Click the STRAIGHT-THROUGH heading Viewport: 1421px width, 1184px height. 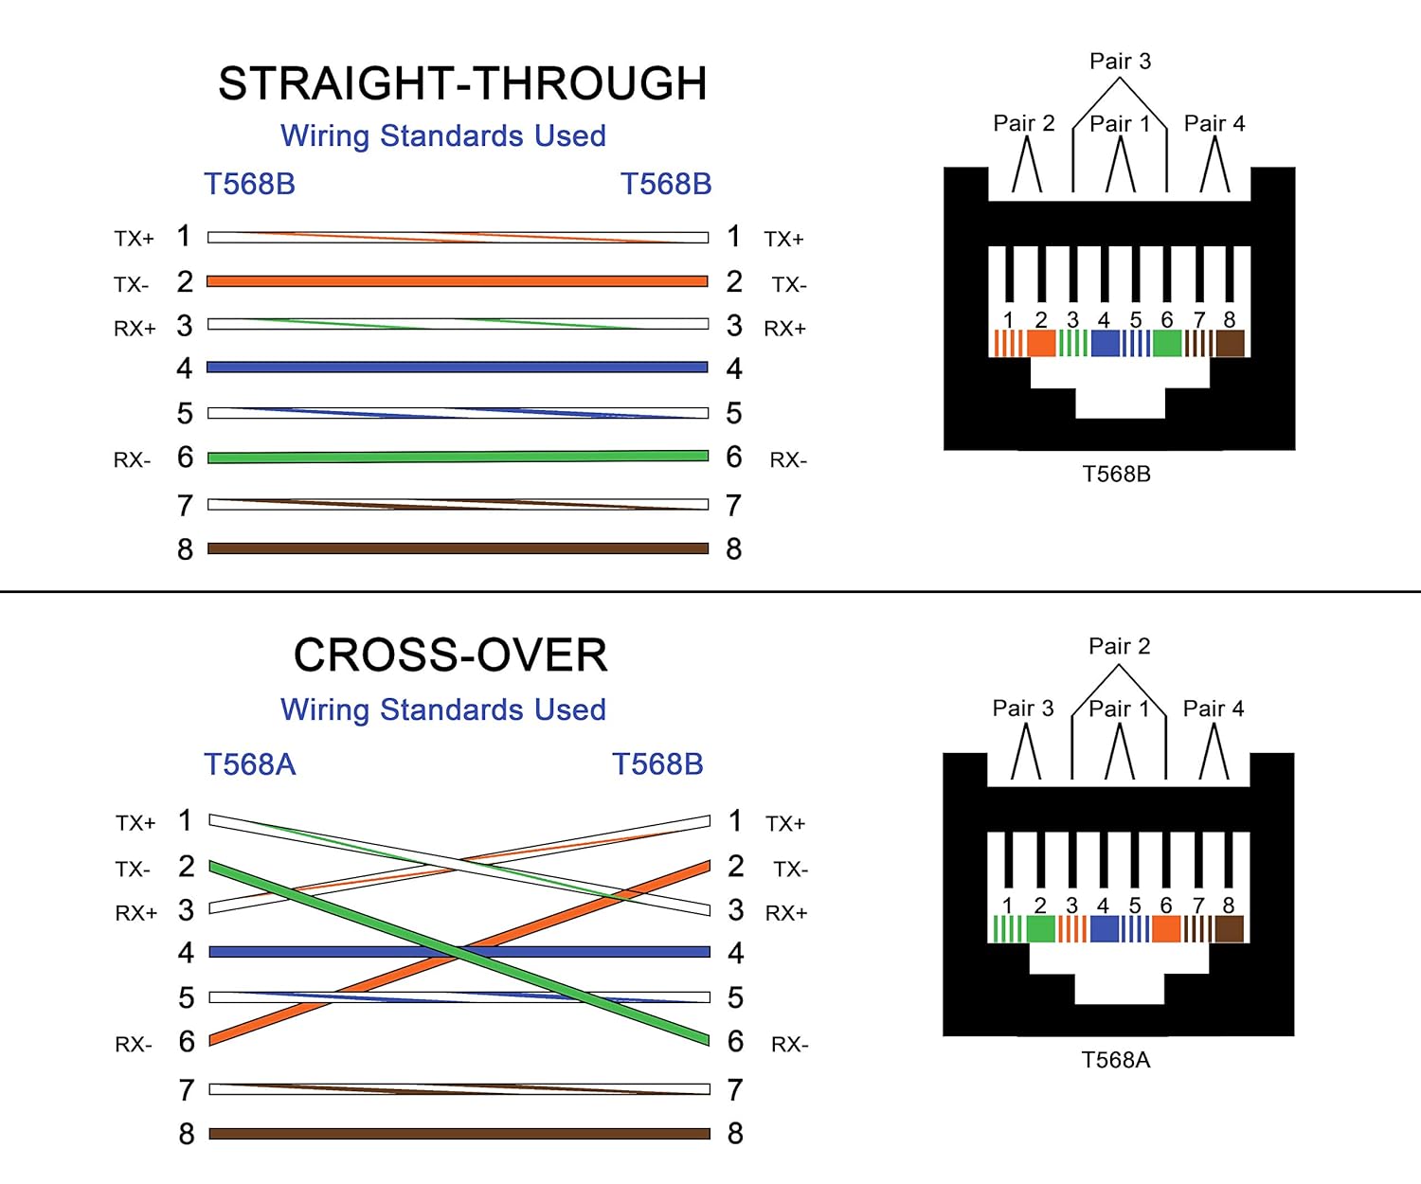462,83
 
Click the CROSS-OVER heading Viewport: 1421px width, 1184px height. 450,655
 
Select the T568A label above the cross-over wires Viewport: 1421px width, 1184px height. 250,764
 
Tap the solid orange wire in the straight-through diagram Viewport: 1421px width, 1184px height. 458,281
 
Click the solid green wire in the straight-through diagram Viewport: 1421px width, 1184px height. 458,457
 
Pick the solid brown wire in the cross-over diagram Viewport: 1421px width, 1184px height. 459,1134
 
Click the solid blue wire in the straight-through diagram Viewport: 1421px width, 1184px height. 458,368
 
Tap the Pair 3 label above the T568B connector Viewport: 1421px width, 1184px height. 1120,62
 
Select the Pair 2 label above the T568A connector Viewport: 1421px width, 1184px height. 1119,647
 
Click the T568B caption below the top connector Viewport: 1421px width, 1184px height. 1116,474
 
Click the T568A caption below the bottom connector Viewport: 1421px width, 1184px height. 1116,1060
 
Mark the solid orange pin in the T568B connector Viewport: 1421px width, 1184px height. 1041,343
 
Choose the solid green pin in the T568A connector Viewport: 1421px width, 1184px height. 1040,929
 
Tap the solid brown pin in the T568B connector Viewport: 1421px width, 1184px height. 1230,343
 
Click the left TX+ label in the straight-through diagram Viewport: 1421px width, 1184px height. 134,239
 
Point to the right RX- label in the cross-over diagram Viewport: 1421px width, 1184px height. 789,1045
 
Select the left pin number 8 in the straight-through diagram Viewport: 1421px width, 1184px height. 185,550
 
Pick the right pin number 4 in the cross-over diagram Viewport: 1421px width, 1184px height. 735,953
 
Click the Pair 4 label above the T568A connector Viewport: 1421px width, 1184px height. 1214,709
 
